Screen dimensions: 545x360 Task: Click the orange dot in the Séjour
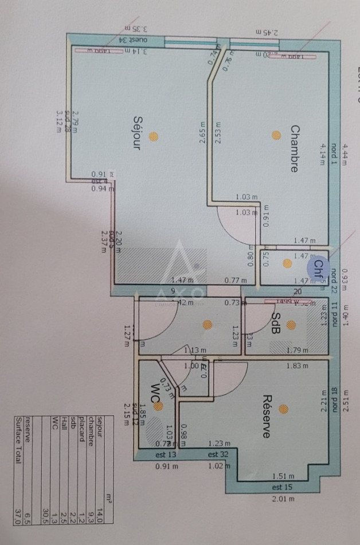pyautogui.click(x=153, y=136)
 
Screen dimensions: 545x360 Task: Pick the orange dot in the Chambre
pyautogui.click(x=276, y=135)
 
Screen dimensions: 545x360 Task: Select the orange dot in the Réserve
pyautogui.click(x=283, y=409)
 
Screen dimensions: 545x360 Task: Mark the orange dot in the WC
pyautogui.click(x=158, y=406)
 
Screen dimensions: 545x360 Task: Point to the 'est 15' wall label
pyautogui.click(x=283, y=487)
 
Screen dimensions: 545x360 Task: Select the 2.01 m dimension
pyautogui.click(x=284, y=499)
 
